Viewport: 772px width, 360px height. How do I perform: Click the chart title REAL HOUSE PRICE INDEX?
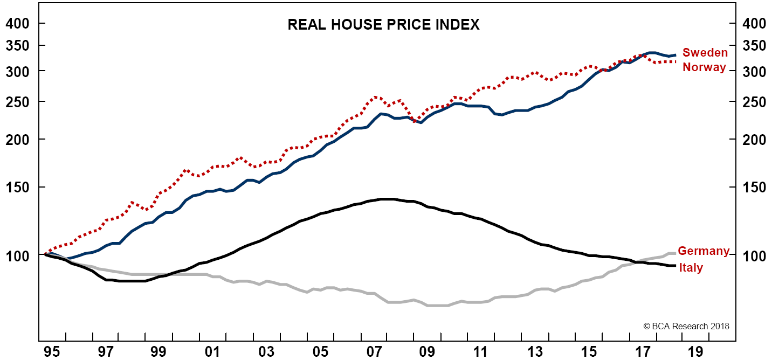click(383, 25)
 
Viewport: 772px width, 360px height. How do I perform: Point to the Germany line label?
click(704, 251)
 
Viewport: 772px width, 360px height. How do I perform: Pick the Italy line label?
click(691, 268)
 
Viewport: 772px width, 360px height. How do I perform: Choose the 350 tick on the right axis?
click(753, 46)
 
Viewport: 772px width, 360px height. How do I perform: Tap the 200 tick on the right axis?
click(753, 140)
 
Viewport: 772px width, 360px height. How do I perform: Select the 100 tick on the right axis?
click(753, 255)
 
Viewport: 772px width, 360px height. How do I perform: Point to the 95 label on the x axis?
click(52, 351)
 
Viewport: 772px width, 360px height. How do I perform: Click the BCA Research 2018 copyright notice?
click(686, 326)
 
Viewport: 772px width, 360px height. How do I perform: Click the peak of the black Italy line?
click(385, 199)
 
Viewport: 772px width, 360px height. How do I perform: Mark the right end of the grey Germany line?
click(675, 253)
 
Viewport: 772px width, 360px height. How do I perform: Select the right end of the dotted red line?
click(675, 61)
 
